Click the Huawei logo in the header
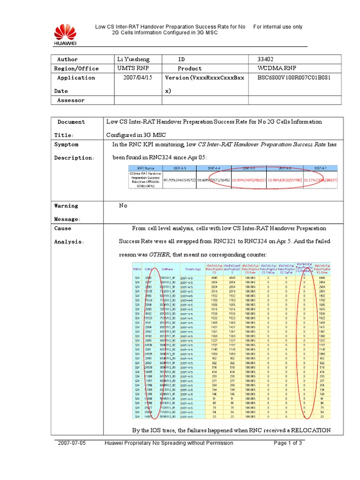pos(65,35)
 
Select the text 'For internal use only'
pos(278,27)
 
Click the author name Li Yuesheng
pos(134,60)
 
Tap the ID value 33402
pos(265,60)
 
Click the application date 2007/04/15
pos(138,78)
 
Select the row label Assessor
pos(71,100)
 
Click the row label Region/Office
pos(76,68)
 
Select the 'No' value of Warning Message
pos(123,206)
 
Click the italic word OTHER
pos(159,255)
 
